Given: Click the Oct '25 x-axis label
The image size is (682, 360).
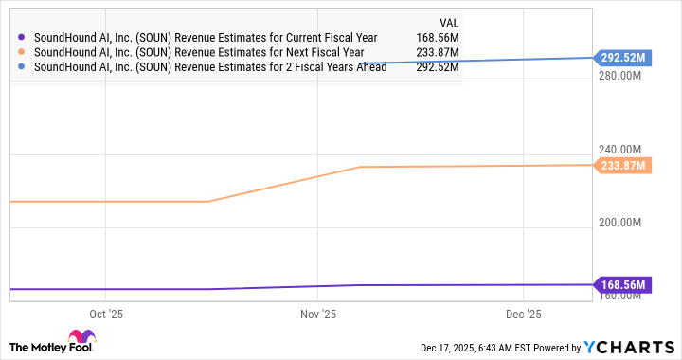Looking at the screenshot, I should click(105, 314).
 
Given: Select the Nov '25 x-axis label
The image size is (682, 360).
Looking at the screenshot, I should click(318, 314).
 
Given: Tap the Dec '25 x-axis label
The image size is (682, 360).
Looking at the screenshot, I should click(523, 314).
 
